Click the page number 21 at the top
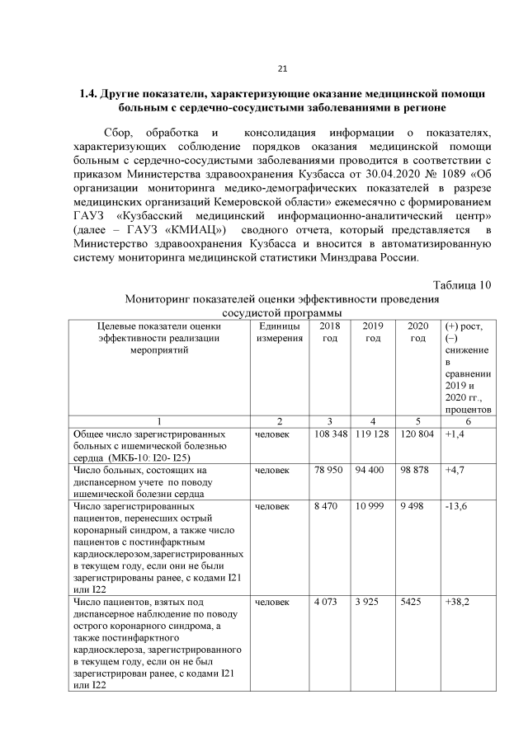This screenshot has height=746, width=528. tap(281, 68)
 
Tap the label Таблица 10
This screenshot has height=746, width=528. tap(462, 285)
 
